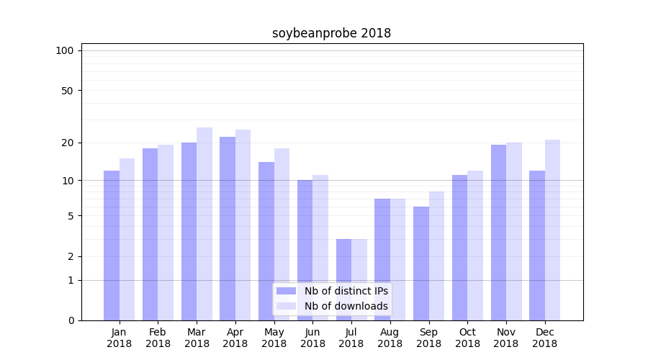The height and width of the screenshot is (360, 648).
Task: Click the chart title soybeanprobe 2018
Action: click(x=331, y=33)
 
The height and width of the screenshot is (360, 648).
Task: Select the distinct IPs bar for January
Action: click(x=112, y=245)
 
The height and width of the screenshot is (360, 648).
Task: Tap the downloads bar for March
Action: click(x=204, y=223)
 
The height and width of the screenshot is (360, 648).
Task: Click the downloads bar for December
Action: click(x=552, y=230)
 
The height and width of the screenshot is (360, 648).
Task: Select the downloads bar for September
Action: click(x=436, y=256)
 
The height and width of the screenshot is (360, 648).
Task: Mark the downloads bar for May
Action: click(x=282, y=234)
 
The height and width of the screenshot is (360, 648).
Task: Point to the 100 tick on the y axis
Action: click(x=65, y=50)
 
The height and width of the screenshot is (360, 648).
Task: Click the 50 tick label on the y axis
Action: click(x=67, y=91)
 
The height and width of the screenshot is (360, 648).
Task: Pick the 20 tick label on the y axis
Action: click(x=67, y=143)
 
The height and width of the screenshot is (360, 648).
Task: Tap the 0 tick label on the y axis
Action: click(x=71, y=320)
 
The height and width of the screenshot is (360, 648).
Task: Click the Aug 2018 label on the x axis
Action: click(x=390, y=338)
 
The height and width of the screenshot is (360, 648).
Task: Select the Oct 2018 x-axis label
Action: click(x=467, y=338)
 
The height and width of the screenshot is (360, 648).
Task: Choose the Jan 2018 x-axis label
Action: click(x=120, y=338)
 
